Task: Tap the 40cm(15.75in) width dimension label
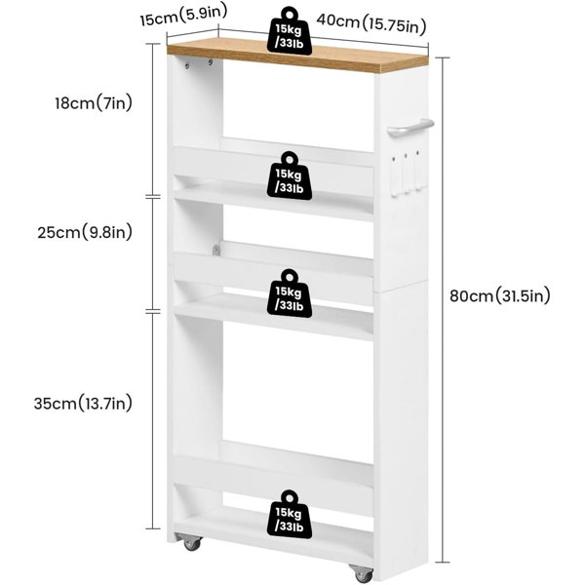[x=371, y=23]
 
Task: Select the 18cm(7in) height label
[x=94, y=102]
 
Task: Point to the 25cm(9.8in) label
[x=85, y=232]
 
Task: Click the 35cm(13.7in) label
[x=83, y=403]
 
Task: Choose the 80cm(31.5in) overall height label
[x=500, y=295]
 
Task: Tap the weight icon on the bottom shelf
[x=290, y=515]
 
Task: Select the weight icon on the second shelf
[x=290, y=175]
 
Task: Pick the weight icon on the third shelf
[x=290, y=293]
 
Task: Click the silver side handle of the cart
[x=410, y=128]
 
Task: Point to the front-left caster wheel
[x=191, y=543]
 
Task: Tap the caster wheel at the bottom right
[x=362, y=573]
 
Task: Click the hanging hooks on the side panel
[x=406, y=174]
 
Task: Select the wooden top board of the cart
[x=297, y=57]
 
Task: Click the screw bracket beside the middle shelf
[x=215, y=250]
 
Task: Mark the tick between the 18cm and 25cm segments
[x=153, y=196]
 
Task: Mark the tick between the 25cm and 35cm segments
[x=153, y=311]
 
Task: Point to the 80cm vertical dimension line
[x=443, y=310]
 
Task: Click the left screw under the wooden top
[x=187, y=66]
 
